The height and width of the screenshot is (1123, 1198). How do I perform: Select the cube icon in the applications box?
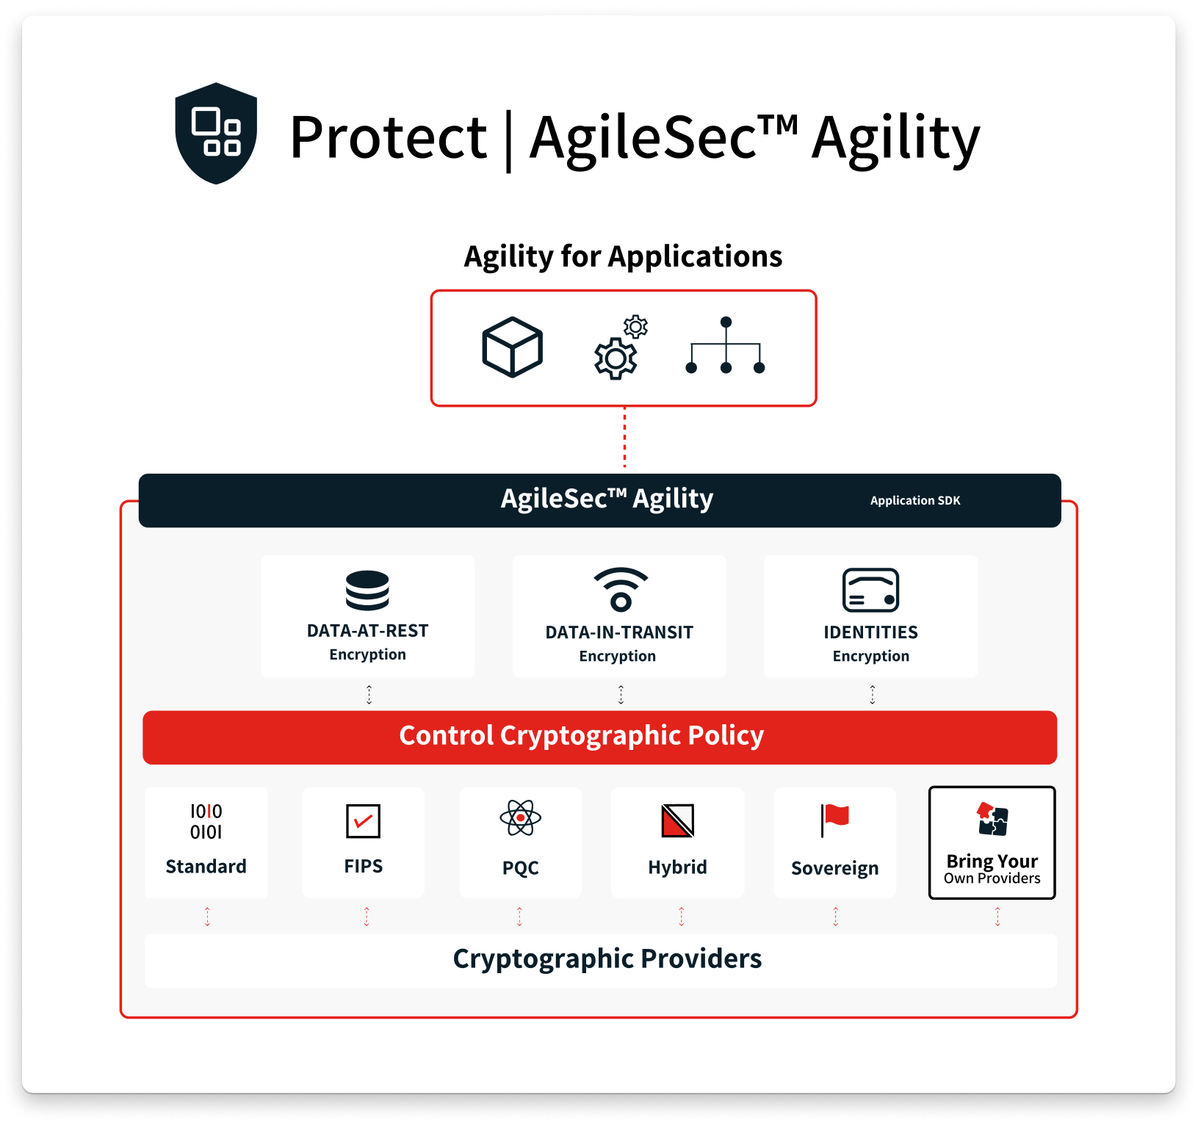coord(512,347)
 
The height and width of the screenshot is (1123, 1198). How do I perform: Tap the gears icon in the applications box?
coord(620,348)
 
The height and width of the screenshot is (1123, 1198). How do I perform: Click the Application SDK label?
coord(914,501)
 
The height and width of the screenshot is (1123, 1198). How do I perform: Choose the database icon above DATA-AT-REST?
coord(367,590)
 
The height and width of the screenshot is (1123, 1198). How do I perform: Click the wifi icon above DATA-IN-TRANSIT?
coord(621,589)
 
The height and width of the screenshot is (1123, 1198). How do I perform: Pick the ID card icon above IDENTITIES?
coord(870,590)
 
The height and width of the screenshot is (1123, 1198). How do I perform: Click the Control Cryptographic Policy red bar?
coord(599,737)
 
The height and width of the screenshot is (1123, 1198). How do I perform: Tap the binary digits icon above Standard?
coord(206,821)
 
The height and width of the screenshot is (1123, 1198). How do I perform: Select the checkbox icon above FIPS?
coord(363,820)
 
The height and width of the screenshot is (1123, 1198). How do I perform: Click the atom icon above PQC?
coord(520,817)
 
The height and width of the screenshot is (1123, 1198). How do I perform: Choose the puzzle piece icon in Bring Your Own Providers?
coord(992,819)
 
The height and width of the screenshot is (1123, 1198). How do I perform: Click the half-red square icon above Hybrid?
coord(677,820)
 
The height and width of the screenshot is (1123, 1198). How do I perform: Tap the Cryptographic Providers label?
coord(607,959)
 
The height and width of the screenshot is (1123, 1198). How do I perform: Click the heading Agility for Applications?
coord(623,257)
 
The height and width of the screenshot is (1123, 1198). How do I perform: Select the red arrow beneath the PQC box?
coord(519,916)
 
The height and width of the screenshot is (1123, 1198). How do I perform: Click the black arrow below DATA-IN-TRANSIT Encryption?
coord(621,694)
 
